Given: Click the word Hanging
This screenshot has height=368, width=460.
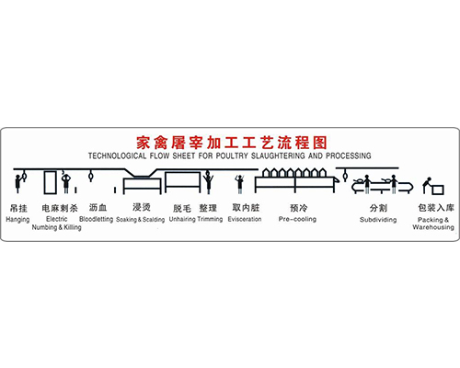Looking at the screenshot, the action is (17, 220).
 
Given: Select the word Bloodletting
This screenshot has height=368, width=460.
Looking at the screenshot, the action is (96, 219).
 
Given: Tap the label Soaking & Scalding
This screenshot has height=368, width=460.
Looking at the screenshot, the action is (141, 220).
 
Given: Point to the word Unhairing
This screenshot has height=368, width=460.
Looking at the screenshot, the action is (182, 220).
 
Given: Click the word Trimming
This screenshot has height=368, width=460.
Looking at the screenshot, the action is (210, 220).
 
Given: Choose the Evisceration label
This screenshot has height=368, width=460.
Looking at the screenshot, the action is (245, 219).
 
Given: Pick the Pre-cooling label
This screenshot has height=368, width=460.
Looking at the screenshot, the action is (297, 219).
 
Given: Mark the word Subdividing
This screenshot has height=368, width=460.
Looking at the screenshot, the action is (378, 220).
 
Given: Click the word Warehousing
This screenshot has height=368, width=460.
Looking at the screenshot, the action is (433, 227).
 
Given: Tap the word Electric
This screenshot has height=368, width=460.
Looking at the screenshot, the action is (57, 219).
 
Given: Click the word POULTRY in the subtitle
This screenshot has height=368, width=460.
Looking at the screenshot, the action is (232, 155).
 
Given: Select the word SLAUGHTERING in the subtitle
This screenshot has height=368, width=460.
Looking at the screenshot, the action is (278, 155).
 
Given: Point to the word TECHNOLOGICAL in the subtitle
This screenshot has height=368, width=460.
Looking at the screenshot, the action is (118, 155).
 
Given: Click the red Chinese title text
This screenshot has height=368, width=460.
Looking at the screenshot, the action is (232, 143).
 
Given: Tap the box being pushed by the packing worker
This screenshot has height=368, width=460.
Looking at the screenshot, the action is (438, 190).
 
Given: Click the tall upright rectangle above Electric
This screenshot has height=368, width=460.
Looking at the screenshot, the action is (50, 182).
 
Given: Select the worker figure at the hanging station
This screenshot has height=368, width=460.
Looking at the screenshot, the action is (17, 183).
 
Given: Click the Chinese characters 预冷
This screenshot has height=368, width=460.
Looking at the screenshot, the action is (298, 208).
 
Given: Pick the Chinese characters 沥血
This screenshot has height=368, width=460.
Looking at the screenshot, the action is (98, 208).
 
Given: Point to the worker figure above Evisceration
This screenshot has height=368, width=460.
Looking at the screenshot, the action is (240, 184).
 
